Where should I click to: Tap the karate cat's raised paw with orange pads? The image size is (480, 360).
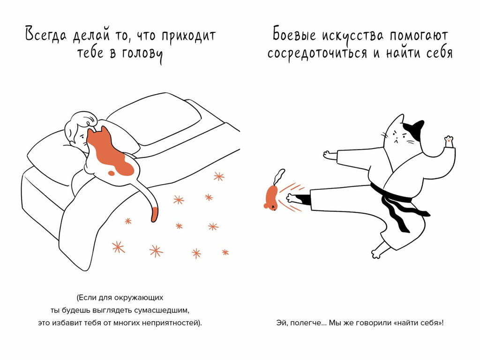coord(449,140)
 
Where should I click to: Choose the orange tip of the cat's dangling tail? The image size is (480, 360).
coord(154,215)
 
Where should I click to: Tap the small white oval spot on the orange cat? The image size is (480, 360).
coord(111,173)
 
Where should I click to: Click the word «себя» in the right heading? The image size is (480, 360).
coord(437,53)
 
